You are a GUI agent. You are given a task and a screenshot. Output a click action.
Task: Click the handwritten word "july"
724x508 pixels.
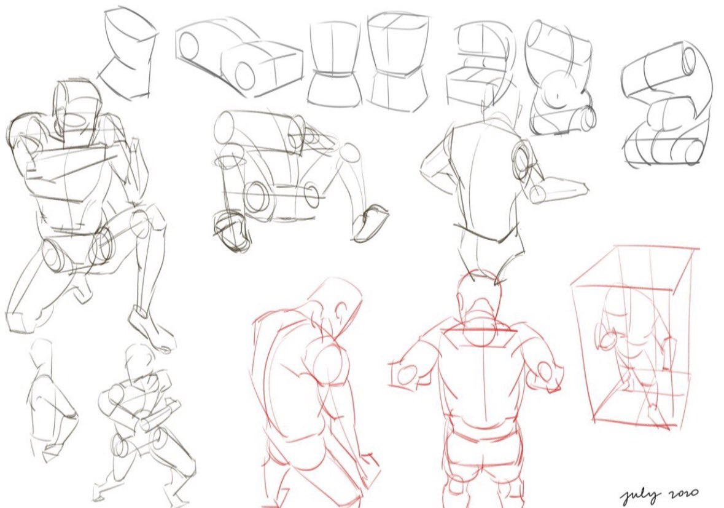click(639, 497)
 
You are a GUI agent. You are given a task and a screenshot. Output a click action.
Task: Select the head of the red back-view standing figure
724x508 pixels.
click(480, 301)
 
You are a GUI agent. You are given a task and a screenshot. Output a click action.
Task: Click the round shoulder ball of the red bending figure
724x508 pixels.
click(329, 365)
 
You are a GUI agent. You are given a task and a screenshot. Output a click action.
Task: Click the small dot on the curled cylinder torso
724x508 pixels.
click(558, 96)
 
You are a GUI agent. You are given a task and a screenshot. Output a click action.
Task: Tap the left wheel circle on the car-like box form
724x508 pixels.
click(189, 46)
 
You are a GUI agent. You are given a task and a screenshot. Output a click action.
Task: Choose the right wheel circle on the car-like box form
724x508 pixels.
click(245, 74)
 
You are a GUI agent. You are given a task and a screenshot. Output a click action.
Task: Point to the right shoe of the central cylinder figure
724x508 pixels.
click(370, 223)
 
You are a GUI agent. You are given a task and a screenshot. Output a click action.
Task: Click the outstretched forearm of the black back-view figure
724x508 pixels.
click(559, 190)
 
